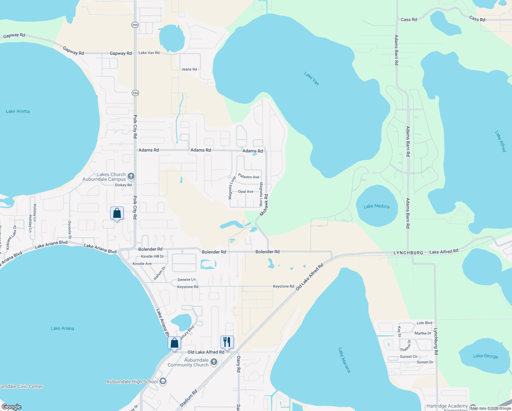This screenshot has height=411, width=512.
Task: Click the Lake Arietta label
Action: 18,111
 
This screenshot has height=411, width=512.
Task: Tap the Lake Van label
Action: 311,78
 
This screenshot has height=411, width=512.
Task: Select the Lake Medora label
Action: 376,206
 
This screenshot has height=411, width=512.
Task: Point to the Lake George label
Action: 485,356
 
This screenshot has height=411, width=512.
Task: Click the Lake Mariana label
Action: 344,360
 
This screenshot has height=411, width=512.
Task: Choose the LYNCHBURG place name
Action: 408,253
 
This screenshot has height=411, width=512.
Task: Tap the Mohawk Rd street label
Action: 264,205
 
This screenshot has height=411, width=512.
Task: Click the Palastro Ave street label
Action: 249,177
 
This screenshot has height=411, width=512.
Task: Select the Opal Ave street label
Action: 246,191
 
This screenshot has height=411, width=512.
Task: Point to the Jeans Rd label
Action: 189,69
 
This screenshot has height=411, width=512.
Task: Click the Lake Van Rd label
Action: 149,53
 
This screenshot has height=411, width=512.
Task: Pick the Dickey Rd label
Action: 123,185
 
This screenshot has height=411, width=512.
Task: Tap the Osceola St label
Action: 70,229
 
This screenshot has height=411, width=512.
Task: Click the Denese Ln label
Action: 187,279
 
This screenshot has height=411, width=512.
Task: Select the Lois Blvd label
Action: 424,323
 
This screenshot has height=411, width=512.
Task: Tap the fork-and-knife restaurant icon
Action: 227,341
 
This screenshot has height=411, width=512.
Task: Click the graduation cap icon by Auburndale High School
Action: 163,382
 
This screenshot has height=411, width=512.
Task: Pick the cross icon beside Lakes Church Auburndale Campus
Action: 131,176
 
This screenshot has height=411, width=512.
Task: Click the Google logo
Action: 12,407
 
